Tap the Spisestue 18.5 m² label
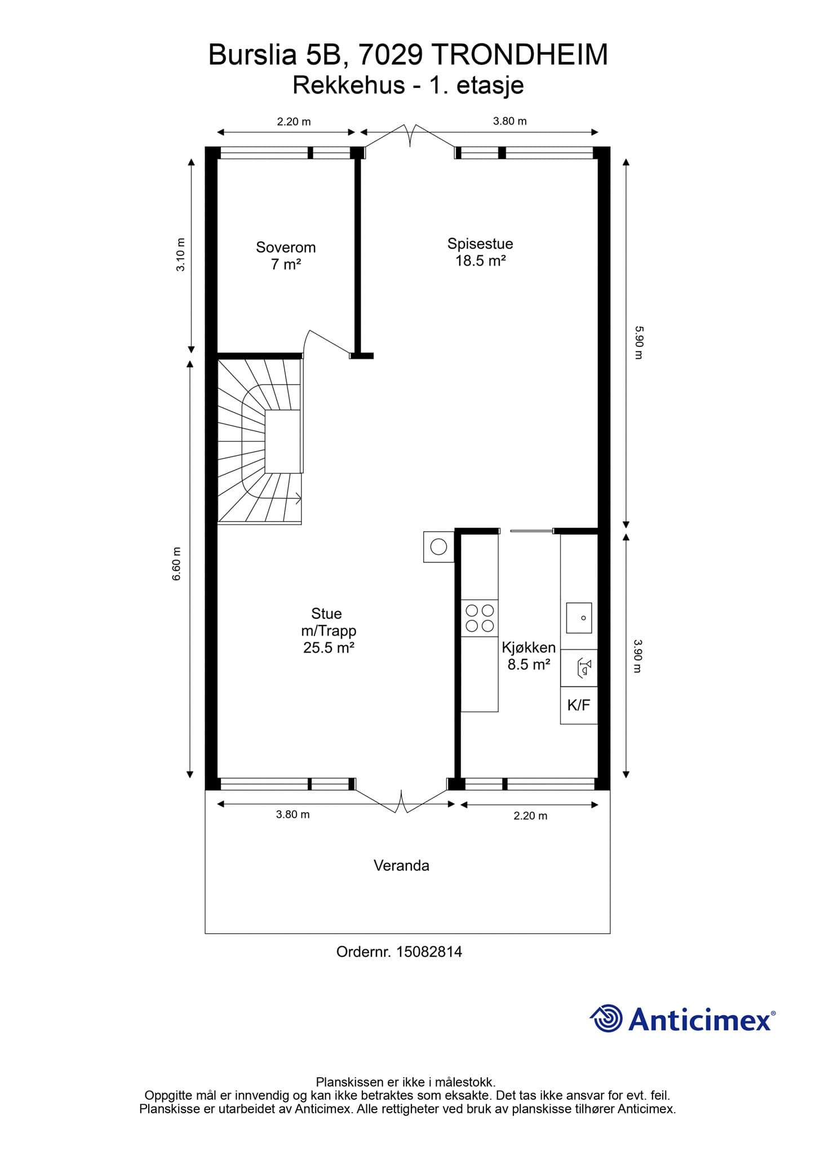click(480, 252)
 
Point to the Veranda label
click(401, 866)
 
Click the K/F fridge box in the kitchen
click(579, 705)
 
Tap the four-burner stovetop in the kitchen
click(480, 618)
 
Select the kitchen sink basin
click(579, 618)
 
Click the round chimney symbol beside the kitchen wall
click(438, 546)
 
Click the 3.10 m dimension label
click(180, 255)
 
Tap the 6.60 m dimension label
click(177, 564)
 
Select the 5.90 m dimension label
click(638, 342)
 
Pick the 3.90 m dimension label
click(638, 656)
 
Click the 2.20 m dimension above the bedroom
click(294, 121)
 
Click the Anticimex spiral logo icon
click(606, 1019)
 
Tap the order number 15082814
click(429, 952)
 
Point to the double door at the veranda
click(401, 796)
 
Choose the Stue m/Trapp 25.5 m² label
click(329, 631)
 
